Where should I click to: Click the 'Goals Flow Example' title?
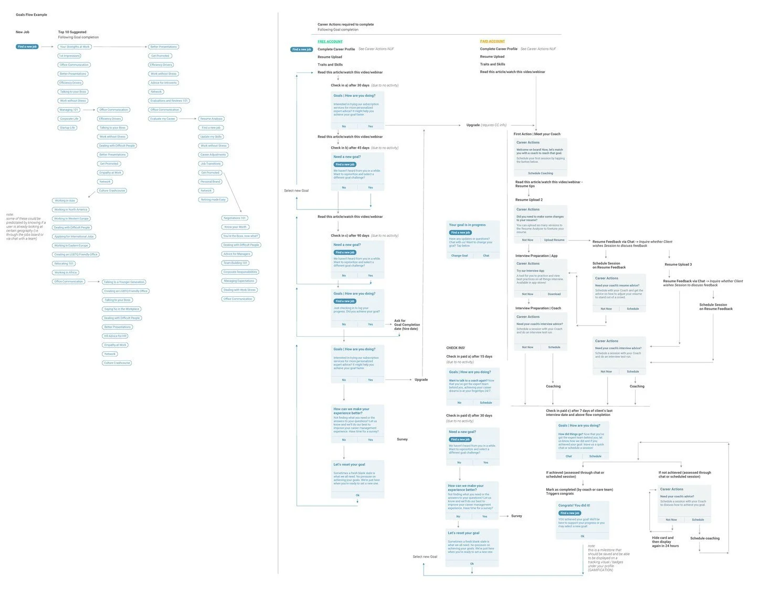pyautogui.click(x=31, y=15)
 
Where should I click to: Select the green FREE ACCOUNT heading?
pyautogui.click(x=330, y=41)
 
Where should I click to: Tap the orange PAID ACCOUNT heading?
pyautogui.click(x=492, y=41)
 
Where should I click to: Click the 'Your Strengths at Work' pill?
pyautogui.click(x=75, y=47)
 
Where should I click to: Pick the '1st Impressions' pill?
pyautogui.click(x=69, y=56)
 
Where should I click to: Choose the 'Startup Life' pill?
pyautogui.click(x=67, y=128)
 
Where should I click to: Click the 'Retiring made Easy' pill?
pyautogui.click(x=213, y=200)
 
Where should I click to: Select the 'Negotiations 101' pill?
pyautogui.click(x=235, y=218)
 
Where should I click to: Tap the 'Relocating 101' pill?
pyautogui.click(x=64, y=264)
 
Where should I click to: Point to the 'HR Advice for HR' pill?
pyautogui.click(x=115, y=336)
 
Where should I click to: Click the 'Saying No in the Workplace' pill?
pyautogui.click(x=122, y=309)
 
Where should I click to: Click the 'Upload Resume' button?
pyautogui.click(x=554, y=240)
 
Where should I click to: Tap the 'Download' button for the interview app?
pyautogui.click(x=554, y=294)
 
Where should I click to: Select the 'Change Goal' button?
pyautogui.click(x=460, y=256)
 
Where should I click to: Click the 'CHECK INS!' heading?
pyautogui.click(x=456, y=348)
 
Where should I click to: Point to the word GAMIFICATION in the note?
pyautogui.click(x=600, y=570)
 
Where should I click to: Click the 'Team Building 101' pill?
pyautogui.click(x=236, y=263)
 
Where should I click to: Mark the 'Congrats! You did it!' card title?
pyautogui.click(x=574, y=505)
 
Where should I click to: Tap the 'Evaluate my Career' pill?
pyautogui.click(x=163, y=119)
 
